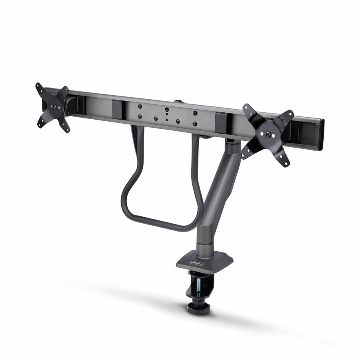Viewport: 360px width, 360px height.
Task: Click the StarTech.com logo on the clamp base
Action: pyautogui.click(x=195, y=264)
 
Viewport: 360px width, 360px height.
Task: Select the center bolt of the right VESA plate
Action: pyautogui.click(x=267, y=135)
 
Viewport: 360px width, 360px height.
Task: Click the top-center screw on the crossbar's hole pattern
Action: pyautogui.click(x=166, y=109)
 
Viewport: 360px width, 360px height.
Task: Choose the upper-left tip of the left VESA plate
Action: pyautogui.click(x=38, y=86)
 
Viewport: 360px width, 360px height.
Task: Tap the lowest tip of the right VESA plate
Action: pyautogui.click(x=286, y=164)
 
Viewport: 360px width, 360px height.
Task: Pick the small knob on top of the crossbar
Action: pyautogui.click(x=178, y=101)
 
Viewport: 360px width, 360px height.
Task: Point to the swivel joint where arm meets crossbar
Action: pyautogui.click(x=232, y=143)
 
